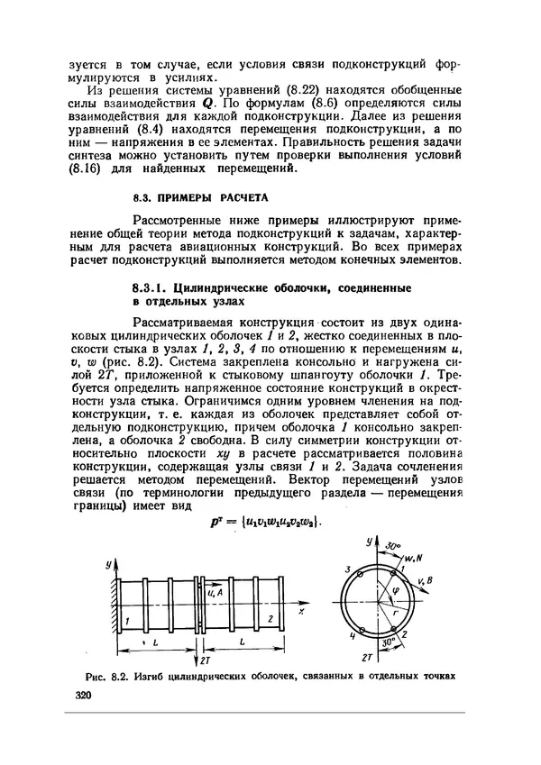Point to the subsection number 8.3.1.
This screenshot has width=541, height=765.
point(151,287)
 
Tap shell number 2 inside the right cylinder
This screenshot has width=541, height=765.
point(270,620)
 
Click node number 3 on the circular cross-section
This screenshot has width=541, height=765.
point(346,569)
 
